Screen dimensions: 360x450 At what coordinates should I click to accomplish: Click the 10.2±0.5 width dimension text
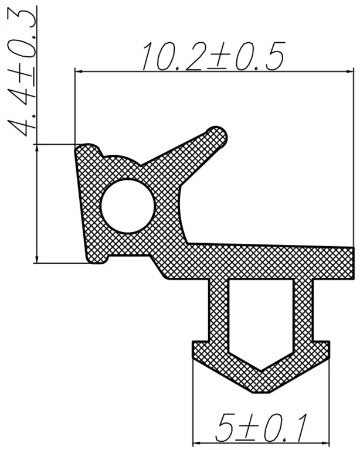(213, 56)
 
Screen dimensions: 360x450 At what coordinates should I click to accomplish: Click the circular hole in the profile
(128, 206)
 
